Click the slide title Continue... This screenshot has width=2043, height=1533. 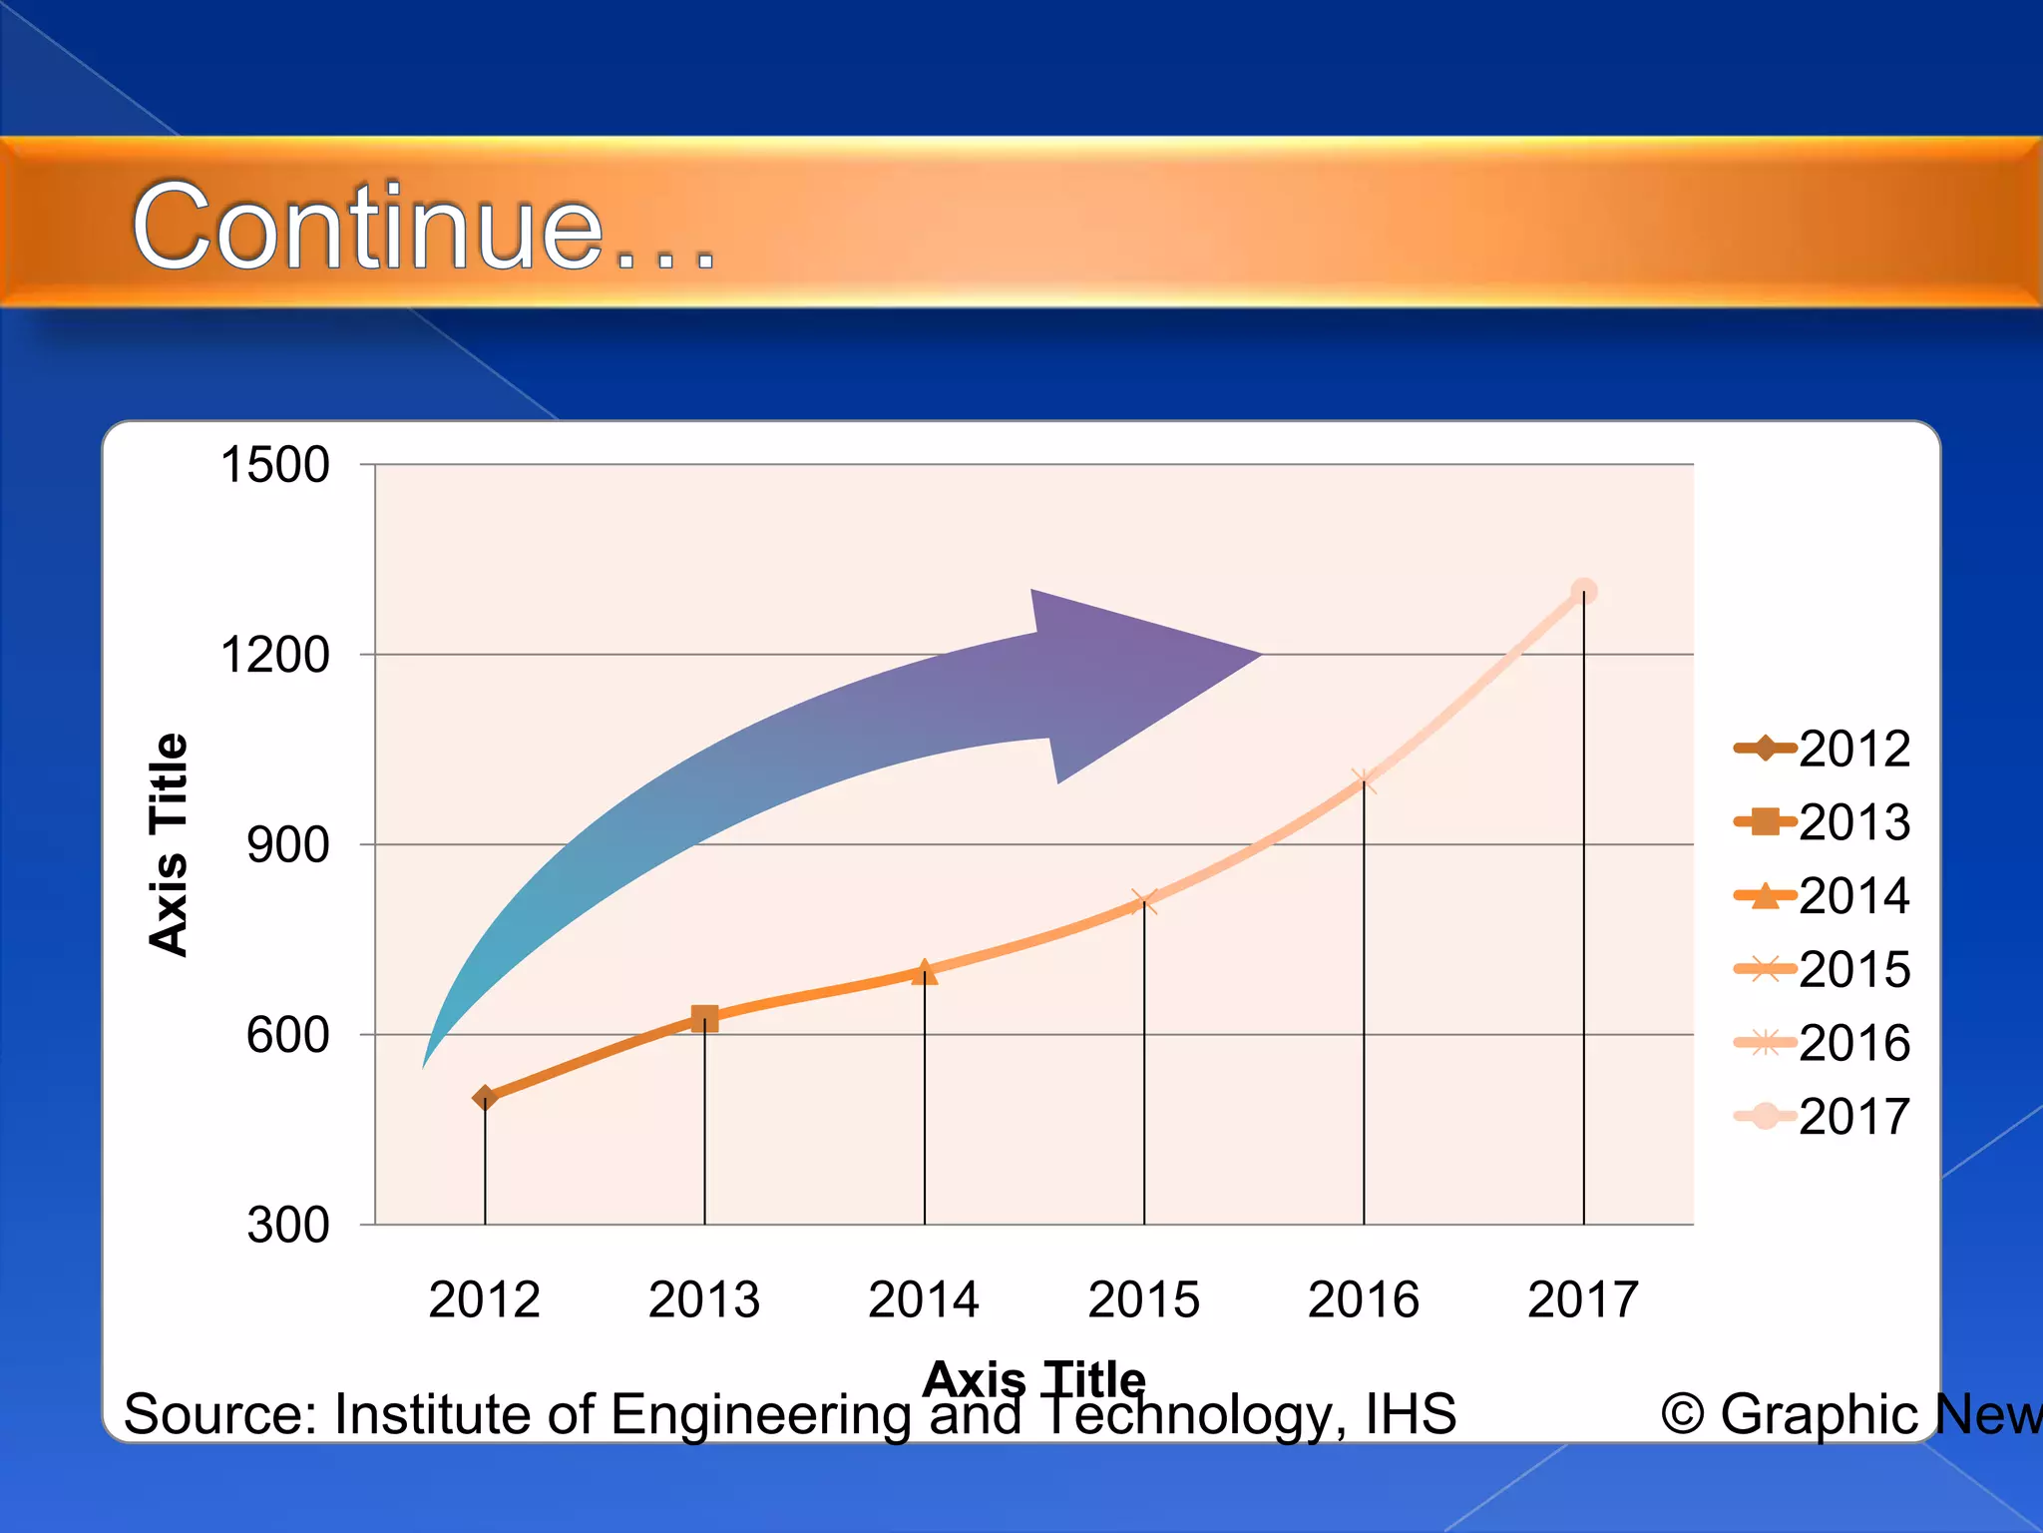[424, 228]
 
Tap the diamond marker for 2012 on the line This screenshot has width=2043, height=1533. [485, 1098]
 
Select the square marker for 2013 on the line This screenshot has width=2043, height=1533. [704, 1018]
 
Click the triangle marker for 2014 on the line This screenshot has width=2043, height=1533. [925, 971]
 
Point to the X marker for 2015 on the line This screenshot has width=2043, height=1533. [1144, 902]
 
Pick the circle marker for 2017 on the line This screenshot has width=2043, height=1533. [1584, 592]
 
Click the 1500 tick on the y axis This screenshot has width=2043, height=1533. [274, 465]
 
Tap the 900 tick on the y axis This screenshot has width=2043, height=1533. [287, 845]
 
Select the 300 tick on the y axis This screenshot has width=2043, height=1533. [287, 1225]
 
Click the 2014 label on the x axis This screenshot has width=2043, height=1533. [924, 1299]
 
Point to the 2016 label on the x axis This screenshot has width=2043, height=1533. [1364, 1299]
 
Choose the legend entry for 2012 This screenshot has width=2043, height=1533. [1823, 749]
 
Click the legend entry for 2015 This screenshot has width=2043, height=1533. [1823, 969]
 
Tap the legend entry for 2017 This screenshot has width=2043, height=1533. [1823, 1116]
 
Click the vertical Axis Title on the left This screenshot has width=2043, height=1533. [168, 844]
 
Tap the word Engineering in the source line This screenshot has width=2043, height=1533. [760, 1415]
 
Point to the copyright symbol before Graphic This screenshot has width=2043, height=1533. [1682, 1414]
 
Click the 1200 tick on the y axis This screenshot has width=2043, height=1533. [274, 656]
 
